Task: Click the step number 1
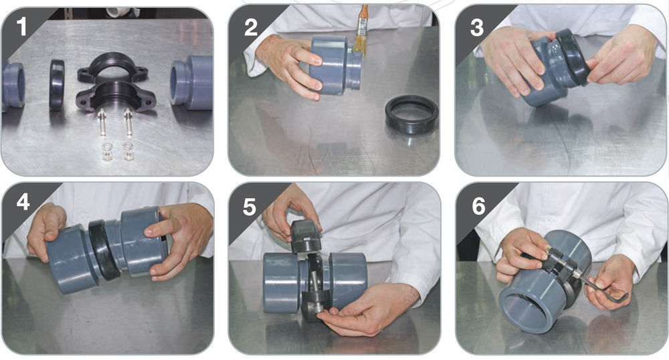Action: [x=21, y=27]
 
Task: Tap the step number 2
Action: [x=250, y=27]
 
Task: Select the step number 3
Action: [x=476, y=27]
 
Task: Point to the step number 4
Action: [x=23, y=201]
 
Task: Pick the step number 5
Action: [x=250, y=207]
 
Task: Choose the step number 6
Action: [x=478, y=206]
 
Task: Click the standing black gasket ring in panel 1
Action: [x=56, y=85]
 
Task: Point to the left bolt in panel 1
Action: [x=102, y=122]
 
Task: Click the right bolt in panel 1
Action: [x=128, y=122]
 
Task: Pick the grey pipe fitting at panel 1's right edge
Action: [x=191, y=83]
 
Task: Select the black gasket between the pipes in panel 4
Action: [x=104, y=250]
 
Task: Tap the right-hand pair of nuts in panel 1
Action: [x=128, y=151]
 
